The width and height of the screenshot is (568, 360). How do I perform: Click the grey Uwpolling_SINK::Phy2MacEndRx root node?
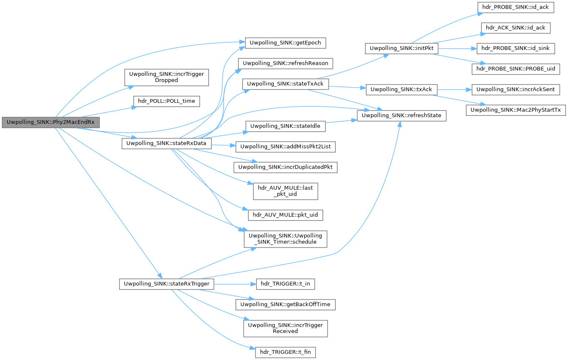[x=51, y=122]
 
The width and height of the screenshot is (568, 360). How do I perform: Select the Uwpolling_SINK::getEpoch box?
[x=282, y=42]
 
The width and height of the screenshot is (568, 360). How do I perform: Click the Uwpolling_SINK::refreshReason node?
[x=285, y=63]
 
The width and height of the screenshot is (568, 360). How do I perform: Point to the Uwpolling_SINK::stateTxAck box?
[x=285, y=83]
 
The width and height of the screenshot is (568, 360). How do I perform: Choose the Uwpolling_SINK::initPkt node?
[x=401, y=48]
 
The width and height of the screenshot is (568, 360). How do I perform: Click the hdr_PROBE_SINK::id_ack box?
[x=516, y=7]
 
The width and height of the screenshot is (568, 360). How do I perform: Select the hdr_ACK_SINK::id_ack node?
[x=516, y=28]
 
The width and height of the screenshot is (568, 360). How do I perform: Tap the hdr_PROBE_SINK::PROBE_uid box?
[x=516, y=69]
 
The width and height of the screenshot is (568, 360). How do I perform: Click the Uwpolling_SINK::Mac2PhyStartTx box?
[x=516, y=110]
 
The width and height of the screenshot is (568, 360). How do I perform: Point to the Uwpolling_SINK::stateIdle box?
[x=285, y=126]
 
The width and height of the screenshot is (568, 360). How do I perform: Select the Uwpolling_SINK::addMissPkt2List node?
[x=285, y=147]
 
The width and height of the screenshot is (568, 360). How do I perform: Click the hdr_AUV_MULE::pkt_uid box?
[x=285, y=215]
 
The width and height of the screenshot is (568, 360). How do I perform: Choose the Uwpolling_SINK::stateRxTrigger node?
[x=167, y=284]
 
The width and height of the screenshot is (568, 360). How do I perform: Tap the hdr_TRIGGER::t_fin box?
[x=285, y=352]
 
